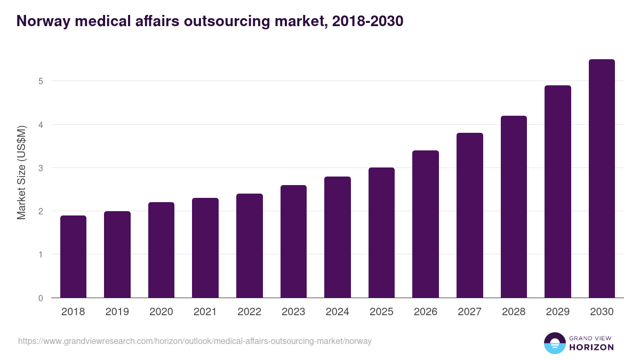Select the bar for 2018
click(x=73, y=257)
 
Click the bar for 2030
click(x=602, y=179)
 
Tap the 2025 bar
click(x=381, y=233)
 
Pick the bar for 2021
click(x=205, y=248)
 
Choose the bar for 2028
click(x=514, y=207)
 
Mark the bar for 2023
click(x=293, y=242)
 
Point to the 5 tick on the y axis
click(x=41, y=81)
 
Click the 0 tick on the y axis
click(x=41, y=298)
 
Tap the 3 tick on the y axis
click(x=41, y=168)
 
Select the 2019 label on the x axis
click(x=117, y=312)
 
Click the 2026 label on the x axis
click(x=425, y=312)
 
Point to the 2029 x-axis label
click(x=557, y=312)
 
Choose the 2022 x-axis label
click(x=249, y=312)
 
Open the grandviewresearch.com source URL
click(x=195, y=341)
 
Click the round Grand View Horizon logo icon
click(x=554, y=343)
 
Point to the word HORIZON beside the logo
click(x=591, y=347)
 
